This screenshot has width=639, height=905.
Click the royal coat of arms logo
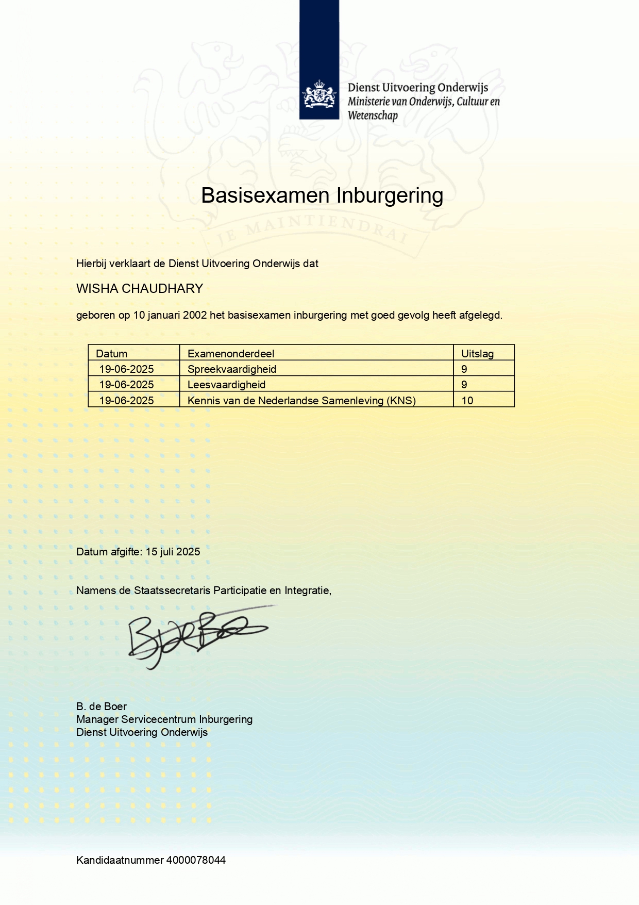[319, 95]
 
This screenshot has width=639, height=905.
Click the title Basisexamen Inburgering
[322, 196]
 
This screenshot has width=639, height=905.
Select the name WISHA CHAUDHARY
[140, 288]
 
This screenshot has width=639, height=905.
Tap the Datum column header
[111, 354]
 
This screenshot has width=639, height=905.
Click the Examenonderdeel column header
[231, 354]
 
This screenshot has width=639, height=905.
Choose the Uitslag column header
[477, 354]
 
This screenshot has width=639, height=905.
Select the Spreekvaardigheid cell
[232, 369]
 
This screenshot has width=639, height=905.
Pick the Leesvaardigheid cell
[227, 385]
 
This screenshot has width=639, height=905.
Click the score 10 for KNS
[467, 401]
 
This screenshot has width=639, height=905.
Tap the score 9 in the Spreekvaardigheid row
[464, 369]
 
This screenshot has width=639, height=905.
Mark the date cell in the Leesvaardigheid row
[127, 385]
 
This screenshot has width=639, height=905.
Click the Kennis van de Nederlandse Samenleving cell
[301, 401]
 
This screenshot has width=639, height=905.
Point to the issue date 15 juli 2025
[173, 552]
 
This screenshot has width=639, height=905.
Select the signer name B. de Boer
[102, 706]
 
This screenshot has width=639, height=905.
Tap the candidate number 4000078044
[196, 860]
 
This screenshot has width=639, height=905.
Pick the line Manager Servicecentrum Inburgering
[164, 719]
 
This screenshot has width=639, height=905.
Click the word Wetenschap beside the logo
[373, 116]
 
